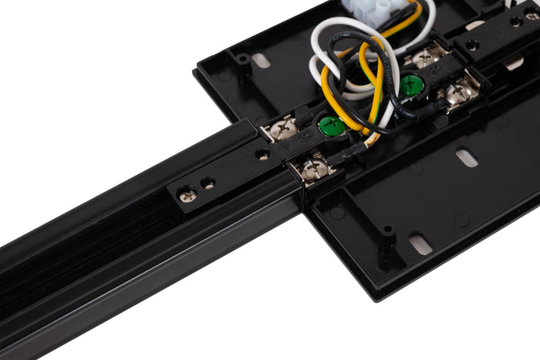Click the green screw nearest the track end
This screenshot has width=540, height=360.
[332, 126]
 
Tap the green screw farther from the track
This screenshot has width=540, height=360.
[411, 86]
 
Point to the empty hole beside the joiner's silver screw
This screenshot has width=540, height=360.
[208, 183]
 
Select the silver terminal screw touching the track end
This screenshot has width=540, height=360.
[283, 130]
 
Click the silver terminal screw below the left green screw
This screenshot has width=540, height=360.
[317, 169]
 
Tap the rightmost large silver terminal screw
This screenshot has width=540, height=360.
[461, 93]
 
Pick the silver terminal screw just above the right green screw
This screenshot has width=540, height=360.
[427, 58]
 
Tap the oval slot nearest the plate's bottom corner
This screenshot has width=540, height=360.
[420, 244]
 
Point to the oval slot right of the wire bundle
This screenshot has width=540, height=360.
[467, 158]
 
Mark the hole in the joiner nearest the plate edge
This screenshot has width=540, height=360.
[264, 154]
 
